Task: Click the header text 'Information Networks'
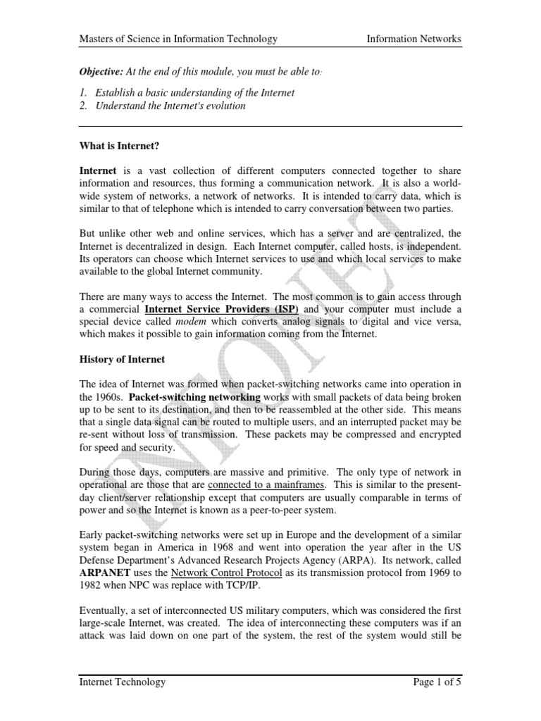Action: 413,39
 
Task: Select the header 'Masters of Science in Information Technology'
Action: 178,39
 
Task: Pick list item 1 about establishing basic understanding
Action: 187,93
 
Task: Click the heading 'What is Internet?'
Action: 120,145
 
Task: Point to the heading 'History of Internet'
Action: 122,359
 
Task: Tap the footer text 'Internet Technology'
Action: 123,682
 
